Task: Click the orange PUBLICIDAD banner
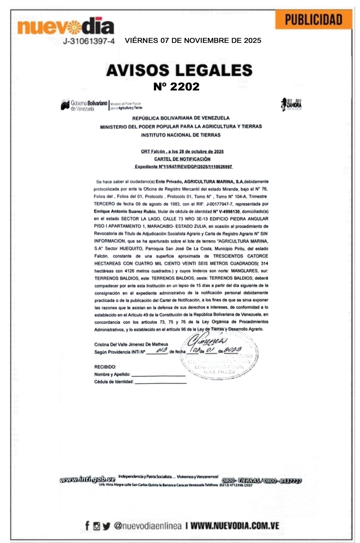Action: (313, 20)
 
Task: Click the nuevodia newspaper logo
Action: (66, 27)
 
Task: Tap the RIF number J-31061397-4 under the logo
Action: (89, 41)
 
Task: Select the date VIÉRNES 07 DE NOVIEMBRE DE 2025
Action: (193, 41)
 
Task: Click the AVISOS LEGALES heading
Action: (179, 70)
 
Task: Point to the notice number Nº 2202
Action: (176, 86)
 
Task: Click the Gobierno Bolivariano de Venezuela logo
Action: (84, 105)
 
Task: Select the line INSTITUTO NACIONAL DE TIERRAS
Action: (181, 135)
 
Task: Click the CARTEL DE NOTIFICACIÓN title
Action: (182, 159)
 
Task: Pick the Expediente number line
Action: (183, 167)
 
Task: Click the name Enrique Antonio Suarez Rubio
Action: (125, 211)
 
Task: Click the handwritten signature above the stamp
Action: (207, 340)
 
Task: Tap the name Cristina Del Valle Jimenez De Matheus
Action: (131, 344)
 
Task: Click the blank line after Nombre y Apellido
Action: (158, 374)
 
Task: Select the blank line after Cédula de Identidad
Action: (160, 382)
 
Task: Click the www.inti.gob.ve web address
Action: (88, 479)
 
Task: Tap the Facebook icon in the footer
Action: (87, 526)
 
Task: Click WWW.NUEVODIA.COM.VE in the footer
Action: (235, 526)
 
